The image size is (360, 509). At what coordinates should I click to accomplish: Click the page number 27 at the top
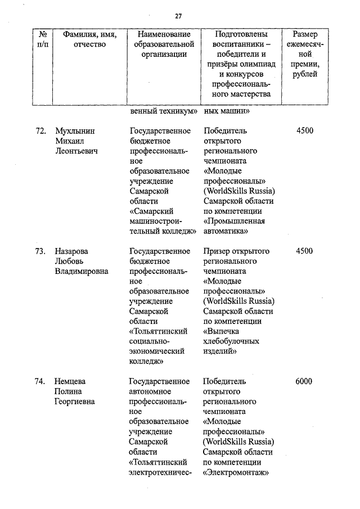pyautogui.click(x=178, y=16)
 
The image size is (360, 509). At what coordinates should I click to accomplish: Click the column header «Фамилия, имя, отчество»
pyautogui.click(x=89, y=40)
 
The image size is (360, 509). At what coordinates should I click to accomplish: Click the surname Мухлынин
pyautogui.click(x=75, y=131)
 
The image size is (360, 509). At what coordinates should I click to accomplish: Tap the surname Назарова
pyautogui.click(x=71, y=251)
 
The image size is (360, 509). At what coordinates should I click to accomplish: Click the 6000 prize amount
pyautogui.click(x=304, y=382)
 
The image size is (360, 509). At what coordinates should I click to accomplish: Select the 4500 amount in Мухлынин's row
pyautogui.click(x=304, y=131)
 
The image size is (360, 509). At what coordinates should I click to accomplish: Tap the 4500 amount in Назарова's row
pyautogui.click(x=304, y=251)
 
